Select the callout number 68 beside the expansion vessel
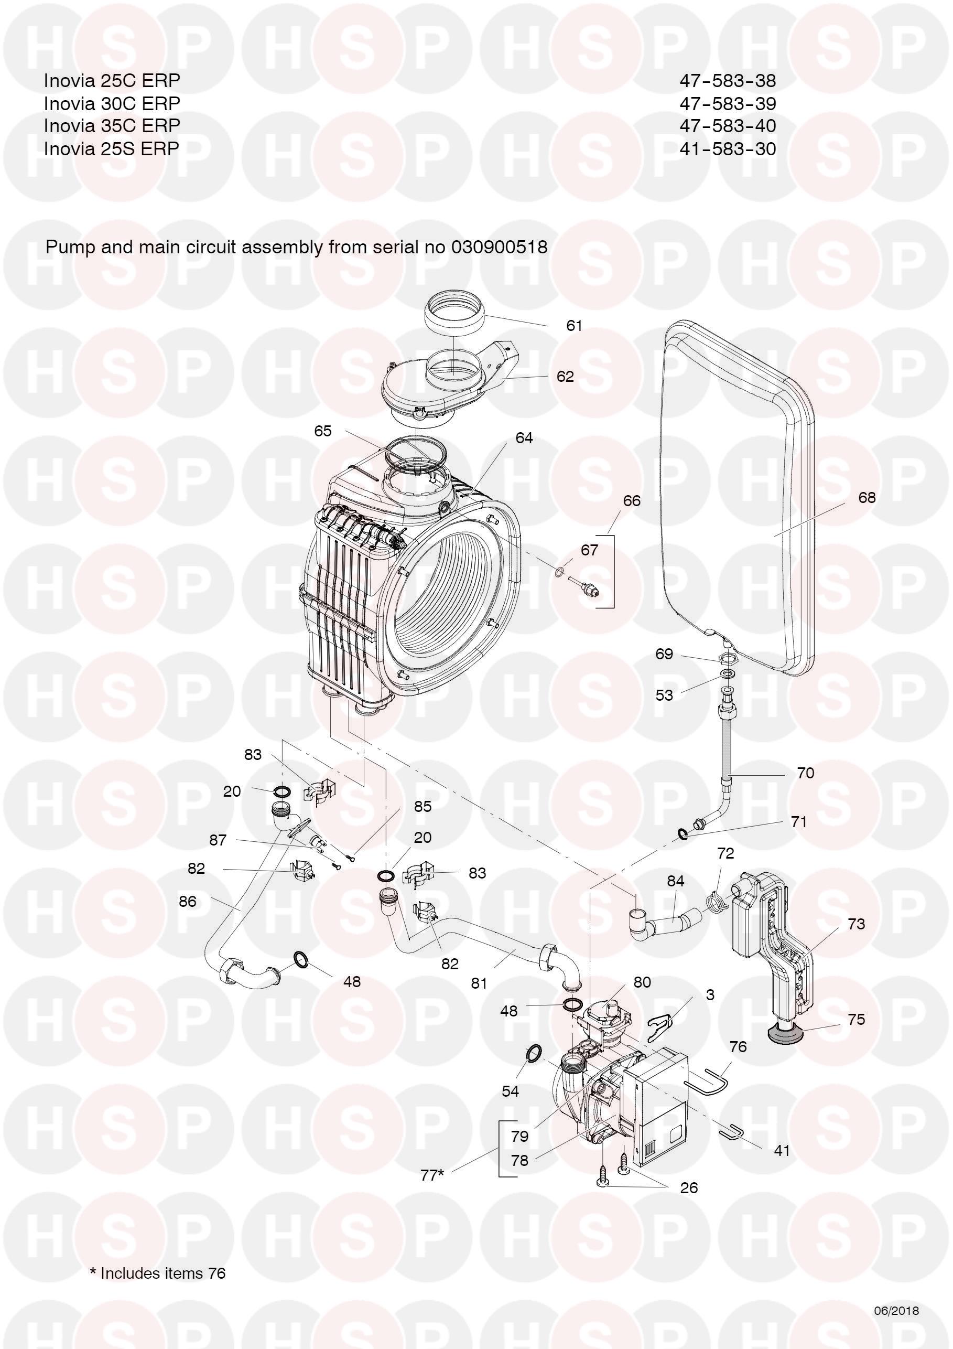pyautogui.click(x=866, y=498)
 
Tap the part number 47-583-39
pyautogui.click(x=728, y=103)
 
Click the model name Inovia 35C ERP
pyautogui.click(x=112, y=126)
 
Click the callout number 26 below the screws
pyautogui.click(x=688, y=1187)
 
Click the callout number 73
pyautogui.click(x=856, y=924)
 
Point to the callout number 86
pyautogui.click(x=187, y=901)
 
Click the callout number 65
pyautogui.click(x=323, y=431)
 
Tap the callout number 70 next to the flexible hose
pyautogui.click(x=805, y=773)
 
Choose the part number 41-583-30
pyautogui.click(x=728, y=148)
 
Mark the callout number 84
pyautogui.click(x=675, y=881)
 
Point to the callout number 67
pyautogui.click(x=589, y=550)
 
